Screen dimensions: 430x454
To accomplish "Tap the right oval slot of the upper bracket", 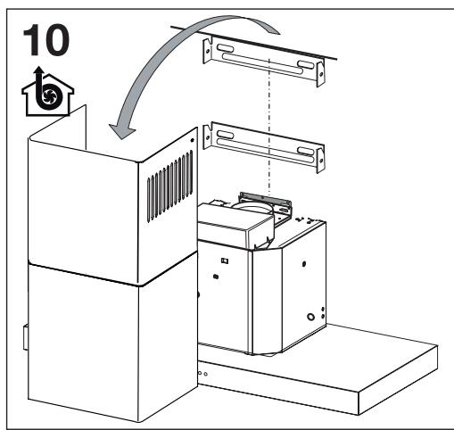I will (306, 64).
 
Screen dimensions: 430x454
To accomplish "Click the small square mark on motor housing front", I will (227, 261).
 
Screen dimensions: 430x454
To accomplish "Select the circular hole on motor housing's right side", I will (310, 316).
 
